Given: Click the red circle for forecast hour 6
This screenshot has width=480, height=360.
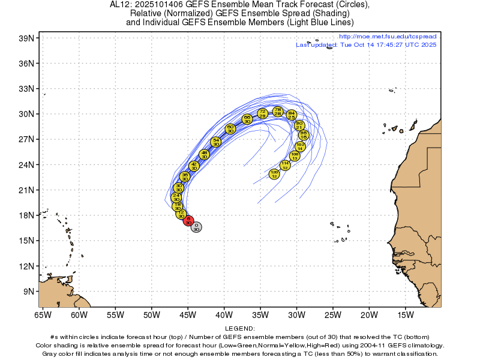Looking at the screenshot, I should (x=188, y=221).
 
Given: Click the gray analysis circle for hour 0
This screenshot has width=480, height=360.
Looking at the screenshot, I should (x=196, y=227).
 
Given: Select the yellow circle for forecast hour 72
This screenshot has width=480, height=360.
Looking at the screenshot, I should (x=262, y=113).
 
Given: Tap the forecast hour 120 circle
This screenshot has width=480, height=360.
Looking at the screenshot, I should (x=274, y=174).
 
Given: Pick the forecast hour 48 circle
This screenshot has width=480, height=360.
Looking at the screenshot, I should (x=204, y=155).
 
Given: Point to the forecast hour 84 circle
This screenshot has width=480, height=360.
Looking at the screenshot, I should (x=291, y=115).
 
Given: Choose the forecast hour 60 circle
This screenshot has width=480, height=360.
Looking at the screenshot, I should (x=230, y=128).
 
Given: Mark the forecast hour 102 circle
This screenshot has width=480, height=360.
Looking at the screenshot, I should (x=301, y=146).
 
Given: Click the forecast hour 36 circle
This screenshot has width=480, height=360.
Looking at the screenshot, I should (x=185, y=176).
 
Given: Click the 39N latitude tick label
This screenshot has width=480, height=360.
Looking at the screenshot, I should (x=29, y=38).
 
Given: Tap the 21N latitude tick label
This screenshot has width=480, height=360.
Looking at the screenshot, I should (x=29, y=190).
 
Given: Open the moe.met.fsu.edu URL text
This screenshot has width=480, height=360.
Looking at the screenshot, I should (x=388, y=37).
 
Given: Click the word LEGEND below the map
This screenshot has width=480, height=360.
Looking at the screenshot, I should (x=240, y=329).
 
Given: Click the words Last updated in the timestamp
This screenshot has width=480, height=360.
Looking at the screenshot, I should (x=317, y=45).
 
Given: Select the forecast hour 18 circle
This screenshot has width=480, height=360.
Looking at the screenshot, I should (x=178, y=206).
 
